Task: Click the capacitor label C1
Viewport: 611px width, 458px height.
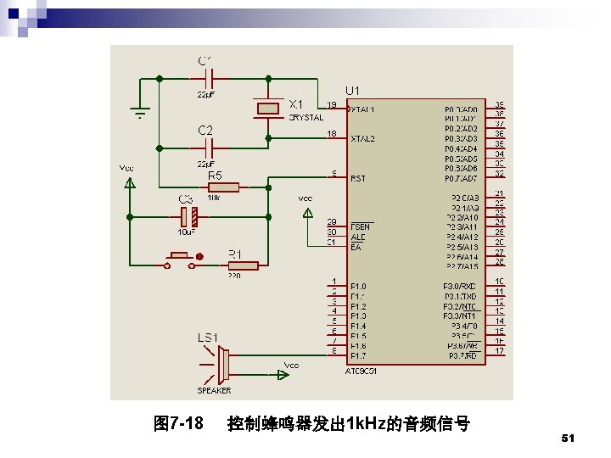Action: tap(205, 60)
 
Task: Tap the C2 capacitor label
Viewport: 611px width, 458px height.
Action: tap(205, 131)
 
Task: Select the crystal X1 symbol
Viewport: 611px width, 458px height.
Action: tap(268, 107)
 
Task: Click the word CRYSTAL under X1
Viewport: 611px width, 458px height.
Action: tap(305, 118)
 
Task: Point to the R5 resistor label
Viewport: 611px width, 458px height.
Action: tap(216, 176)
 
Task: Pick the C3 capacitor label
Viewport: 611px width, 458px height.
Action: tap(185, 198)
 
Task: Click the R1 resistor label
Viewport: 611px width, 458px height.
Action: tap(235, 253)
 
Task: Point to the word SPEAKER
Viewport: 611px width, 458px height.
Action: tap(214, 391)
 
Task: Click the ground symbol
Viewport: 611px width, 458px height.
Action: tap(139, 109)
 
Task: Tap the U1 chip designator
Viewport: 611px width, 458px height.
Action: tap(351, 91)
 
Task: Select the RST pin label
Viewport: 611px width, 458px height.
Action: tap(358, 178)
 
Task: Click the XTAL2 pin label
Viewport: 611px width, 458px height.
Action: tap(362, 137)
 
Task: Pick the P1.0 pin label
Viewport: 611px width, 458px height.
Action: tap(359, 286)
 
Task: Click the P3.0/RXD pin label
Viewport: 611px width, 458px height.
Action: tap(459, 286)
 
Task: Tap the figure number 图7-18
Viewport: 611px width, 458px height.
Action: tap(177, 422)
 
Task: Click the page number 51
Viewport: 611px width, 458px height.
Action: tap(569, 438)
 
